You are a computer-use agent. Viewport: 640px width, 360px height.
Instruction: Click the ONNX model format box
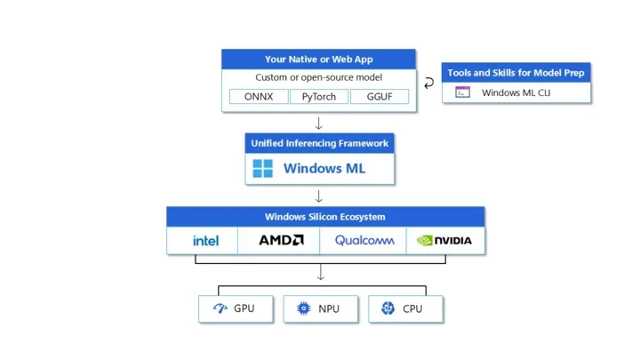point(259,97)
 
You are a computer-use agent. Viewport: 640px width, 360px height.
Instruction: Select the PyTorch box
point(319,97)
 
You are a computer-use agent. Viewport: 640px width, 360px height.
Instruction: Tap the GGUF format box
point(380,97)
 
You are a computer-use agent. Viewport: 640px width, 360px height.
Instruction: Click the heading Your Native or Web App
point(319,60)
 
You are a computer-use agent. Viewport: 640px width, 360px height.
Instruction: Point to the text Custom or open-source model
point(319,77)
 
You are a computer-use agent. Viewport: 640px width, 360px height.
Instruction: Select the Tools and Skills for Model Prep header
point(516,73)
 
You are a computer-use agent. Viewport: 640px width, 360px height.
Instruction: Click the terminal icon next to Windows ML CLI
point(462,92)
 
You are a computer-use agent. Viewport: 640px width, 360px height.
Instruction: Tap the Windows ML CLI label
point(516,92)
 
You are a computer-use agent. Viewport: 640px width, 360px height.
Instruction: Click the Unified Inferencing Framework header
point(320,143)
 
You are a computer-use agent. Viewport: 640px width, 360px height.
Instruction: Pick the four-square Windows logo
point(262,168)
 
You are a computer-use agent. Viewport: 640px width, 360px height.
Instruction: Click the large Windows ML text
point(324,168)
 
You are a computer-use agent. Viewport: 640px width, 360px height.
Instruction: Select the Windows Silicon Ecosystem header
point(325,217)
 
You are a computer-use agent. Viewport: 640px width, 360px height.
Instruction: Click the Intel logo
point(205,240)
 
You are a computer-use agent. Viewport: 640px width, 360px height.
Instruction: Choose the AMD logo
point(281,240)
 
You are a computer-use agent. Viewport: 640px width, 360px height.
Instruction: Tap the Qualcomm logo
point(364,240)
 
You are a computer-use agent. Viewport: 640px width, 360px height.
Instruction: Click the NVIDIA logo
point(444,240)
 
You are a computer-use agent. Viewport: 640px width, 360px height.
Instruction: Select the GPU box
point(236,309)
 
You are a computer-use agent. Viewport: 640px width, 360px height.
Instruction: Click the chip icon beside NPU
point(303,308)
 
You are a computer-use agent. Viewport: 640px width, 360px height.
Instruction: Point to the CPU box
point(405,309)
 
